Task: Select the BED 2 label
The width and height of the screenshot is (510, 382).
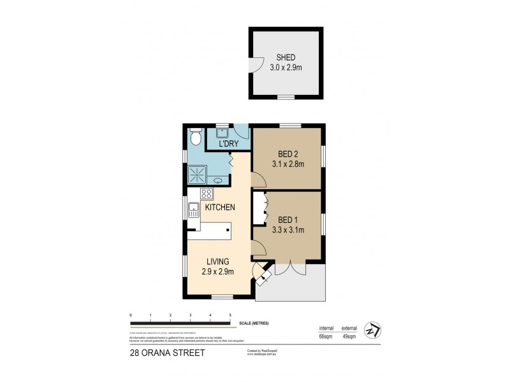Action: click(x=288, y=153)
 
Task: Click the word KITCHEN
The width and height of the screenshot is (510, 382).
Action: click(x=221, y=208)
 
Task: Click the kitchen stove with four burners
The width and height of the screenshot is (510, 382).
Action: click(x=207, y=194)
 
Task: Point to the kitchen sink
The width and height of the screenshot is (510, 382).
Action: click(x=193, y=208)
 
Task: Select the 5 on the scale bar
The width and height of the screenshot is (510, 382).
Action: click(x=230, y=315)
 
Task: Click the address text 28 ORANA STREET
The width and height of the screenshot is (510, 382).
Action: click(x=167, y=352)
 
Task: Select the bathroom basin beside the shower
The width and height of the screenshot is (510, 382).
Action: click(x=217, y=180)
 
